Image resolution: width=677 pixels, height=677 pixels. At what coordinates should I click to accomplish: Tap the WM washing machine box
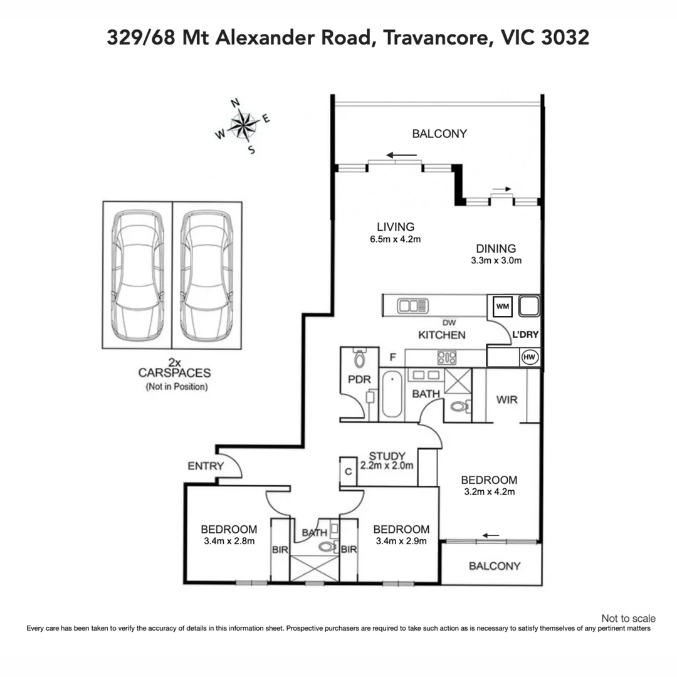[502, 307]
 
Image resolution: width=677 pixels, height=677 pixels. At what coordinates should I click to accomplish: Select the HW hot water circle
[529, 357]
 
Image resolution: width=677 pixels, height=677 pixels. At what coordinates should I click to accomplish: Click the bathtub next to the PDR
[392, 394]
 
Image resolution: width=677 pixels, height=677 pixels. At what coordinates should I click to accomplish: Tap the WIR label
[506, 399]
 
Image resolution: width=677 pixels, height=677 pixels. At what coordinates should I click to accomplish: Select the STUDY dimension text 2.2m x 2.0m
[387, 466]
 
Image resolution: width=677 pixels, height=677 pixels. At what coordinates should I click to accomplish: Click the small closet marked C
[347, 471]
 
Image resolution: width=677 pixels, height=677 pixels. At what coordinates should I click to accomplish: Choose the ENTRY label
[205, 466]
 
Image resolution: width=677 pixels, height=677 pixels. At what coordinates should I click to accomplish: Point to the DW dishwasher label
[447, 322]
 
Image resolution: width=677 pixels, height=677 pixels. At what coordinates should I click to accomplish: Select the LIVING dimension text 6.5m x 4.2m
[396, 239]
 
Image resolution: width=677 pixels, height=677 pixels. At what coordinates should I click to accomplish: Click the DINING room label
[495, 248]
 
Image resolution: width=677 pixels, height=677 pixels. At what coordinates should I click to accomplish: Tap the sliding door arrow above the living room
[401, 155]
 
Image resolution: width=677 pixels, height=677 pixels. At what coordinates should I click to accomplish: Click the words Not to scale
[628, 618]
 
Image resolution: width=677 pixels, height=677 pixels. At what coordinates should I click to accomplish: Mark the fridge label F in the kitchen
[392, 358]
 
